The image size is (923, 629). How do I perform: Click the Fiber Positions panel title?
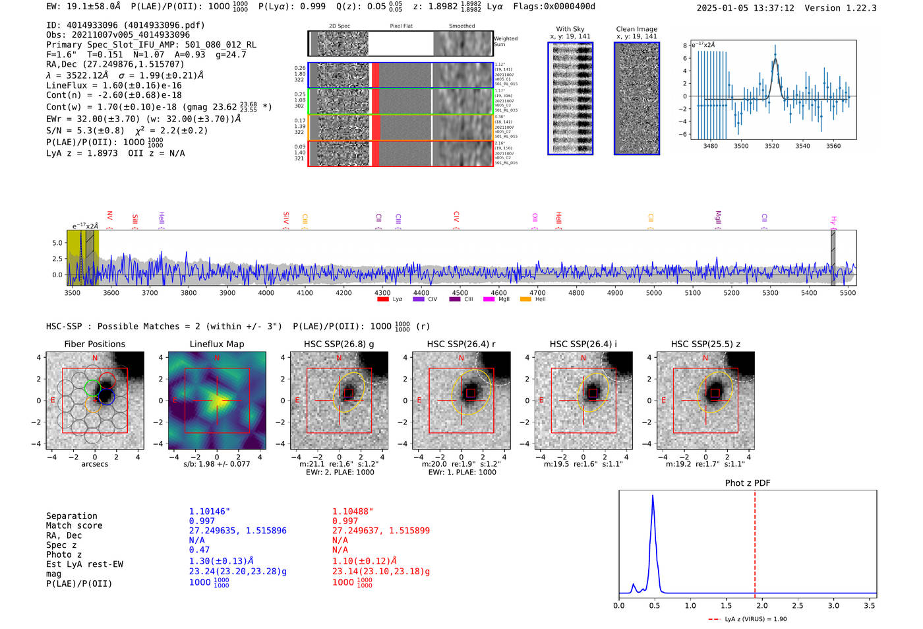[x=94, y=344]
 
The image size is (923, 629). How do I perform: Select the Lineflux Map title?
[x=216, y=344]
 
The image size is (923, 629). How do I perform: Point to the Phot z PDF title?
[x=747, y=483]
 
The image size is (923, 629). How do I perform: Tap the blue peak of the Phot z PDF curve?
[x=653, y=496]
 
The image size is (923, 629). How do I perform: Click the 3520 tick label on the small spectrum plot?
[x=772, y=146]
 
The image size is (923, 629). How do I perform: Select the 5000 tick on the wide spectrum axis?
[x=653, y=292]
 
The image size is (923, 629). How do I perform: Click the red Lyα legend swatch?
[x=382, y=300]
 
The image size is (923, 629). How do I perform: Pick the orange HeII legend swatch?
[x=525, y=300]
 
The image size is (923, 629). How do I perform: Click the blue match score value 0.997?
[x=202, y=521]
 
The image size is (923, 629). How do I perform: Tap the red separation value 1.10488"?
[x=352, y=512]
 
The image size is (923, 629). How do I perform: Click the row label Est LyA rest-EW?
[x=84, y=564]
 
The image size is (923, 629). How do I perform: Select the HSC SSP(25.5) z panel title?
[x=705, y=344]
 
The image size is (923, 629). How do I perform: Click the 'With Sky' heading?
[x=570, y=29]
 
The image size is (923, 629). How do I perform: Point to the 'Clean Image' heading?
[x=636, y=29]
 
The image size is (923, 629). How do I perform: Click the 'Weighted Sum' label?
[x=505, y=41]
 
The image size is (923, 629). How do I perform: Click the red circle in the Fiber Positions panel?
[x=107, y=380]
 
